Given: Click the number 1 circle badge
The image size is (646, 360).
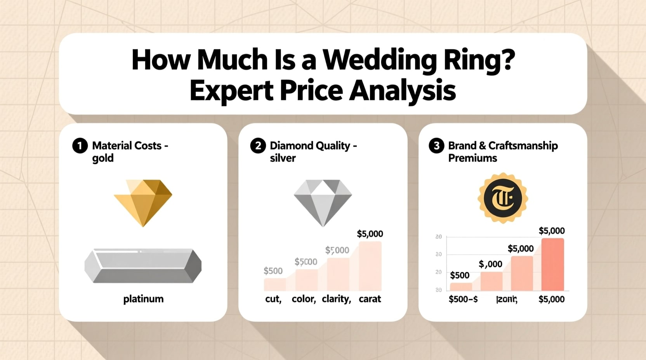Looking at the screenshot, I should coord(80,146).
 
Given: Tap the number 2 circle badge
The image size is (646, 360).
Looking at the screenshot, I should coord(258,146).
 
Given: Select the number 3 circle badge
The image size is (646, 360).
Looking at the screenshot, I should coord(436,146).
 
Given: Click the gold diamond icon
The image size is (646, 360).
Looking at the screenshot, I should coord(143,202).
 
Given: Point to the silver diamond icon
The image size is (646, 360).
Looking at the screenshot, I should coord(323,202).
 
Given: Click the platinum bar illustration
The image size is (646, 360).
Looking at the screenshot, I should coord(143,266).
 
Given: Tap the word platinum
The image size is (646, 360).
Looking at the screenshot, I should coord(143,299).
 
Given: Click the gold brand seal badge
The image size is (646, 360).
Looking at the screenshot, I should coord(502,198).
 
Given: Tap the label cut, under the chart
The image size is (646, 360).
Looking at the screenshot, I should coord(273,299).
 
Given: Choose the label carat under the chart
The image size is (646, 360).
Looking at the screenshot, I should coord(370,299).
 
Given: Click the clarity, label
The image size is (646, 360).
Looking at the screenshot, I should coord(336,299).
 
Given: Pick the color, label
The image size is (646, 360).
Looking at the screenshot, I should coord(304,299).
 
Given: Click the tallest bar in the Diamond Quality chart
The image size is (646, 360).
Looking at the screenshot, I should coord(370,266).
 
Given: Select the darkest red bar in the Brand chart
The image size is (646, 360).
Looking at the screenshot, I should coord(552,264).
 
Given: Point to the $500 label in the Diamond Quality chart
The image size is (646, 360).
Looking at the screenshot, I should coord(273,271).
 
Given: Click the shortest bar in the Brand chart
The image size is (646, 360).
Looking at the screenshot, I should coord(461,287).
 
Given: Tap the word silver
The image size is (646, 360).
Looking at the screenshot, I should coord(283,158).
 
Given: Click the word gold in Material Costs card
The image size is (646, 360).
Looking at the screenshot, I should coord(103,158).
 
